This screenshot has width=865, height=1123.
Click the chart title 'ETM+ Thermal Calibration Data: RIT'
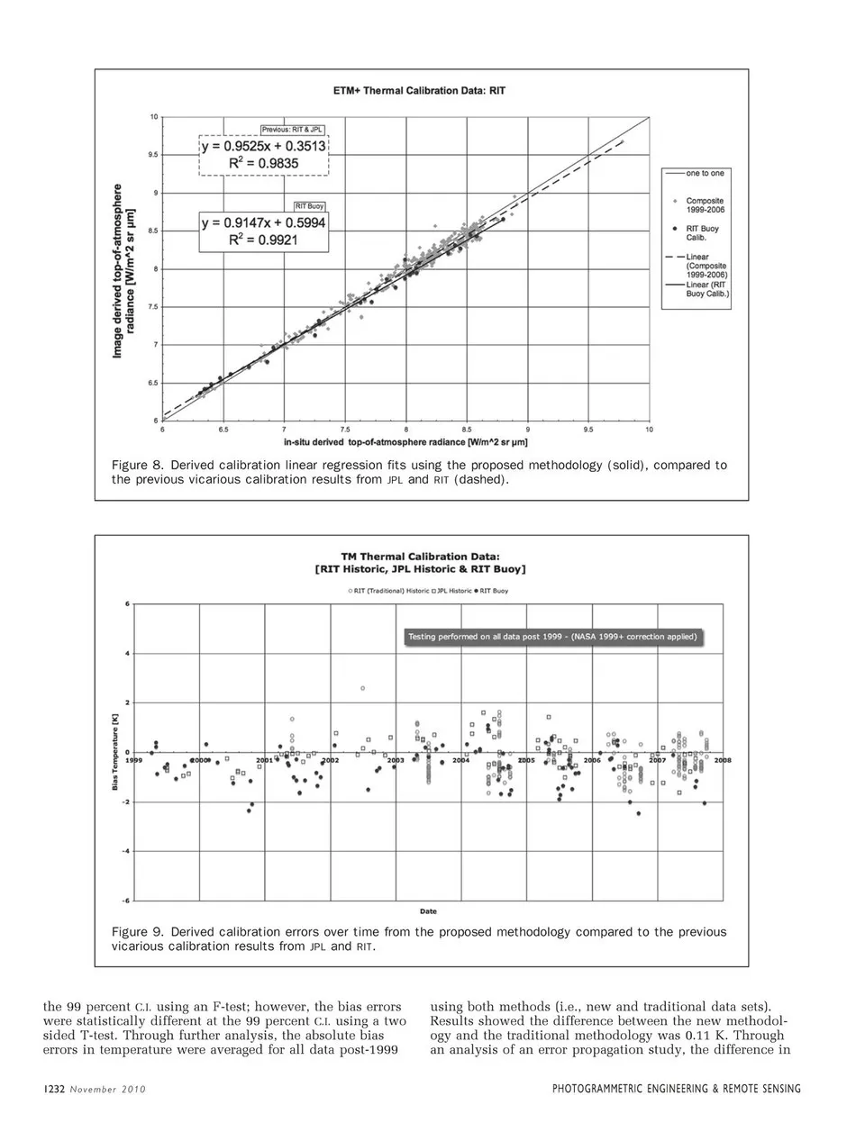[419, 91]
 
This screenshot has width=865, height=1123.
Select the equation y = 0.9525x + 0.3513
[264, 146]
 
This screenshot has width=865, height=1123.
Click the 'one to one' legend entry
[704, 173]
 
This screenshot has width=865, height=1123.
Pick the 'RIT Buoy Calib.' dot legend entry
[702, 232]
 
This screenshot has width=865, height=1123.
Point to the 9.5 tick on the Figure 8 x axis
[588, 430]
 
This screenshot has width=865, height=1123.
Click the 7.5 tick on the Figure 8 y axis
[153, 307]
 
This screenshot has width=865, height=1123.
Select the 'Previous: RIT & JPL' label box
[292, 131]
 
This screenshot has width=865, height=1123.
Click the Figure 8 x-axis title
[405, 442]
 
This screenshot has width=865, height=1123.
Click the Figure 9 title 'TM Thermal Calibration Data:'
[420, 557]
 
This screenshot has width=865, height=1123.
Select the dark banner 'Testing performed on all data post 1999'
[552, 637]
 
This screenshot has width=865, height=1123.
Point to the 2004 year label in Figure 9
[460, 761]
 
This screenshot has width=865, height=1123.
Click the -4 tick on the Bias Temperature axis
[126, 851]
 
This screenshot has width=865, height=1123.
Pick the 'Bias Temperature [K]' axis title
[114, 753]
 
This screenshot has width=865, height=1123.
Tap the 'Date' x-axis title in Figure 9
[428, 911]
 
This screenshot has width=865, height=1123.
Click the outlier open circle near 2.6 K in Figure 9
[363, 688]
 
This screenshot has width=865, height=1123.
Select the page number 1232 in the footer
[54, 1089]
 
